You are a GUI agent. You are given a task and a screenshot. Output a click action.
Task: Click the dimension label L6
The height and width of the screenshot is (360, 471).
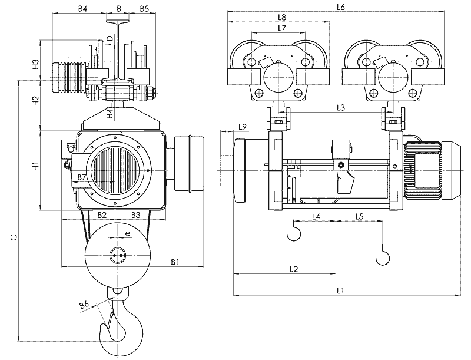tap(340, 8)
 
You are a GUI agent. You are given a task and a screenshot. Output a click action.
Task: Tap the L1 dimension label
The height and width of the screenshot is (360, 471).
tap(340, 290)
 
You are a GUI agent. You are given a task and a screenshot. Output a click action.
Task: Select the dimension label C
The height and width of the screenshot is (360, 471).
tap(14, 237)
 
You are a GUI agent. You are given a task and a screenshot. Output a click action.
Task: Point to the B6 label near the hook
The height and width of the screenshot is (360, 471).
tap(84, 305)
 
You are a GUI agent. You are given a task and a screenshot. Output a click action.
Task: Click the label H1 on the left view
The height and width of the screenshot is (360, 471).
tap(36, 166)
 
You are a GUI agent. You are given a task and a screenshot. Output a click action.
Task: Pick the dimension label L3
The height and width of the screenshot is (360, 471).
tap(341, 108)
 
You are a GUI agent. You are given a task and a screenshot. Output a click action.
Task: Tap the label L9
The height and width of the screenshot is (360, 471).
tap(243, 127)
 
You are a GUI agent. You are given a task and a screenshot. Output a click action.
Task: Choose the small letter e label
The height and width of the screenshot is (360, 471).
tap(128, 233)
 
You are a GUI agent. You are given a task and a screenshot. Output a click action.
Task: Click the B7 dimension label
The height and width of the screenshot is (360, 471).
tap(82, 177)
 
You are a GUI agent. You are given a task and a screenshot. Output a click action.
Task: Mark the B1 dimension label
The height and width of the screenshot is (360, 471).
tap(175, 262)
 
